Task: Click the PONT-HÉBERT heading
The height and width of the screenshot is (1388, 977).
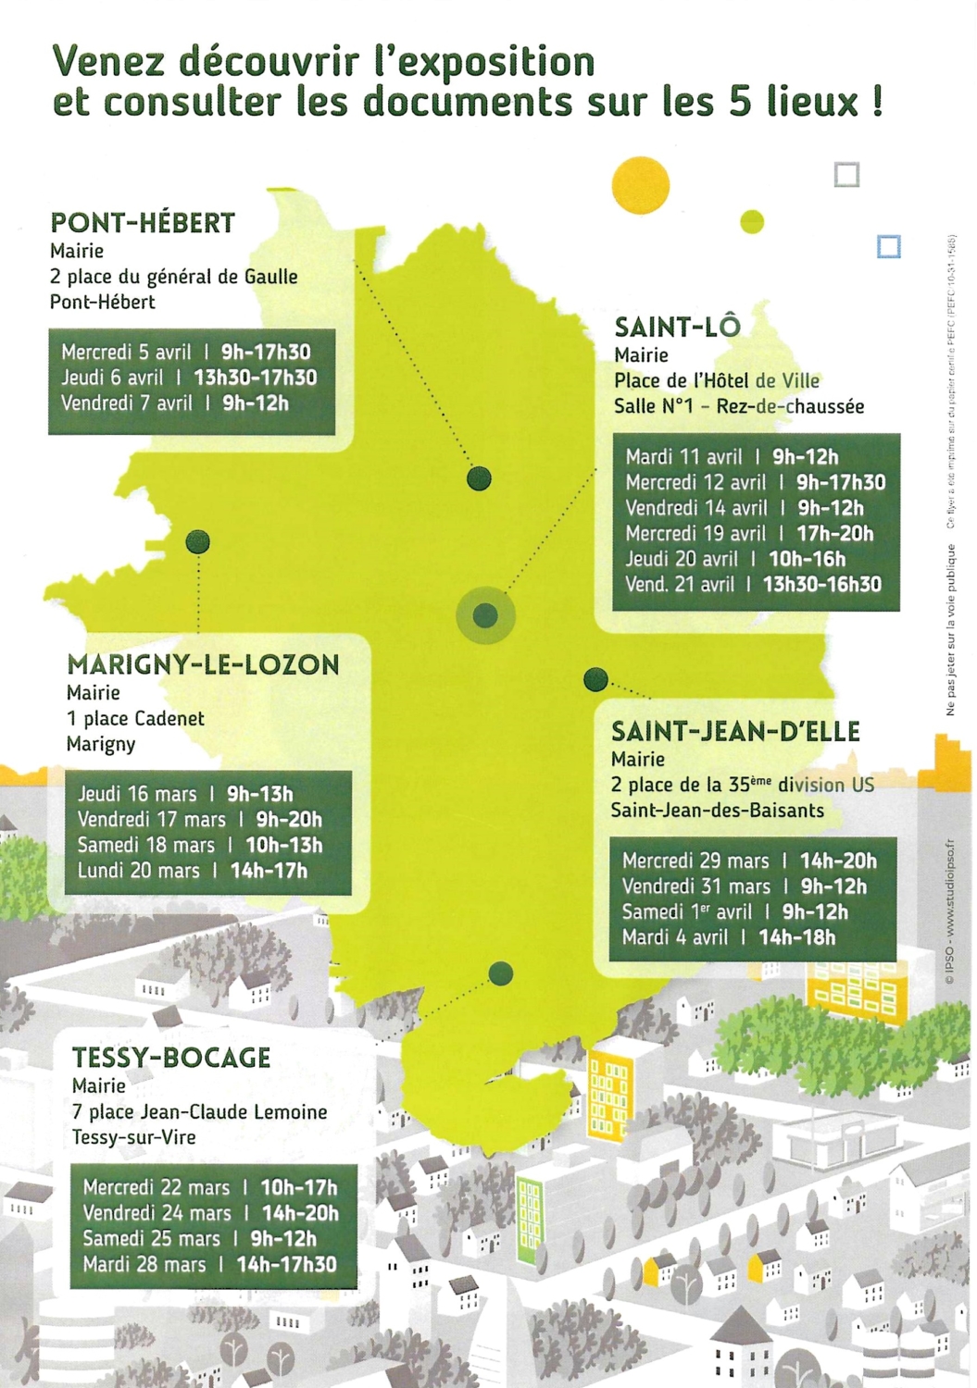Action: tap(143, 223)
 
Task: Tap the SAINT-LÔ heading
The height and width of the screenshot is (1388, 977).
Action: tap(677, 327)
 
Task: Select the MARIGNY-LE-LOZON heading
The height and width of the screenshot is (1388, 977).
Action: tap(203, 664)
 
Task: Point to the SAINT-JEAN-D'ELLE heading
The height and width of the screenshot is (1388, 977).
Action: tap(735, 732)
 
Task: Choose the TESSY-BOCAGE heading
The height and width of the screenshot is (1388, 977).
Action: tap(171, 1058)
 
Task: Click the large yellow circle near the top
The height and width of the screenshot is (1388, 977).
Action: tap(640, 185)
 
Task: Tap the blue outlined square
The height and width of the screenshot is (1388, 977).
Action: tap(888, 246)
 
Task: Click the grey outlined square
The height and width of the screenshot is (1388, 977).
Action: tap(846, 174)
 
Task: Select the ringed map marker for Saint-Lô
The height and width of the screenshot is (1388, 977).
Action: tap(485, 615)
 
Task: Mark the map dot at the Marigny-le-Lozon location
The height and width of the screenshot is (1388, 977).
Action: tap(197, 542)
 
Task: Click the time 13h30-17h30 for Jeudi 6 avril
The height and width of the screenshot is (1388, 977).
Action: tap(255, 378)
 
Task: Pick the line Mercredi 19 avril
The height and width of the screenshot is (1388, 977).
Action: tap(695, 534)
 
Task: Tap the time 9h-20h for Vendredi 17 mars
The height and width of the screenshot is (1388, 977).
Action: tap(289, 820)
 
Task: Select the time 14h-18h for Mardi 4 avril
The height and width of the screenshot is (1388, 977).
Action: tap(796, 937)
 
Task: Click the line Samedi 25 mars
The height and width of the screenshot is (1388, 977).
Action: tap(152, 1239)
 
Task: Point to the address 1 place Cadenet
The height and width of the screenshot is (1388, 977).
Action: tap(135, 719)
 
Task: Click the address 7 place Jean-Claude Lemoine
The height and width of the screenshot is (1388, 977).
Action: tap(199, 1112)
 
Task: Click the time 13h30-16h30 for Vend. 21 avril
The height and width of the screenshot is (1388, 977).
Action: tap(821, 585)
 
